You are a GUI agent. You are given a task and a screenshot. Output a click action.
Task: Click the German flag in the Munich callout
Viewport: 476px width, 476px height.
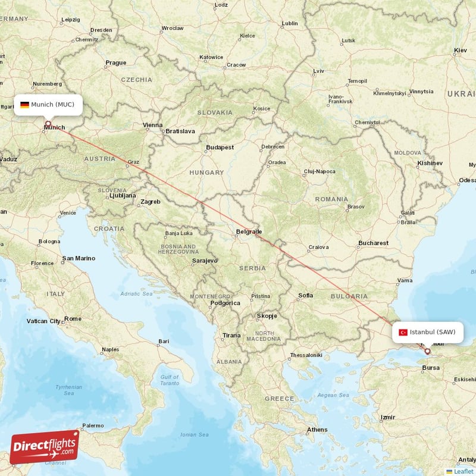click(x=24, y=105)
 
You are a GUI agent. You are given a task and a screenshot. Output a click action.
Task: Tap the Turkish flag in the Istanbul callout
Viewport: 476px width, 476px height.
click(x=403, y=332)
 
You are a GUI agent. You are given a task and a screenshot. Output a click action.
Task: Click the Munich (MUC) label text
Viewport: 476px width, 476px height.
click(x=53, y=105)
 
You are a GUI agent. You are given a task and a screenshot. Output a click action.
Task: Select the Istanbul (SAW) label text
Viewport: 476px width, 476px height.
click(x=433, y=332)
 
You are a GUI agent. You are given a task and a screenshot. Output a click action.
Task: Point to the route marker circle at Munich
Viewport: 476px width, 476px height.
click(x=48, y=124)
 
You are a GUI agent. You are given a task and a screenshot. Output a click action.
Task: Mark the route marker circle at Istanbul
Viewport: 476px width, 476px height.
click(x=427, y=351)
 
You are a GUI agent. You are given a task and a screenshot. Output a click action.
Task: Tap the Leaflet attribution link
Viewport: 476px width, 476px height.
click(x=464, y=471)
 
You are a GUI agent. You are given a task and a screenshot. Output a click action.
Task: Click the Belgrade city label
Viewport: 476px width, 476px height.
click(x=249, y=231)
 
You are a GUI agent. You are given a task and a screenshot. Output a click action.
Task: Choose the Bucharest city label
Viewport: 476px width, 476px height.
click(x=373, y=243)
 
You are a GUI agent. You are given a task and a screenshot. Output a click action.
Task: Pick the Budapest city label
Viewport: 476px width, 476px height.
click(x=220, y=147)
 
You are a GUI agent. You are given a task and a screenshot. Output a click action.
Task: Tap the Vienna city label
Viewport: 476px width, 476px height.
click(x=153, y=125)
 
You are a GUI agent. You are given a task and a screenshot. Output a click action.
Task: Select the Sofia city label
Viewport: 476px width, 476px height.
click(x=305, y=295)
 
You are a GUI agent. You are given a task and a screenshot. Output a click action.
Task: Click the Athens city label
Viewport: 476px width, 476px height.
click(x=317, y=430)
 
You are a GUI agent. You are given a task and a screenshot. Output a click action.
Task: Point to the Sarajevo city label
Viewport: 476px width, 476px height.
click(x=204, y=261)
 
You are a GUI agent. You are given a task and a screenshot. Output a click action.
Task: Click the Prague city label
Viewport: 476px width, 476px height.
click(x=115, y=62)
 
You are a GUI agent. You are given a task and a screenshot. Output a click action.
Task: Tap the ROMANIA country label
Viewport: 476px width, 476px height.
click(x=331, y=199)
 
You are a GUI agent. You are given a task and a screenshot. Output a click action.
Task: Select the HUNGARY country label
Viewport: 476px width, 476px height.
click(x=206, y=173)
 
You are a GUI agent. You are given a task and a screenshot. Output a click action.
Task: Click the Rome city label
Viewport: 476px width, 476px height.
click(x=73, y=319)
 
